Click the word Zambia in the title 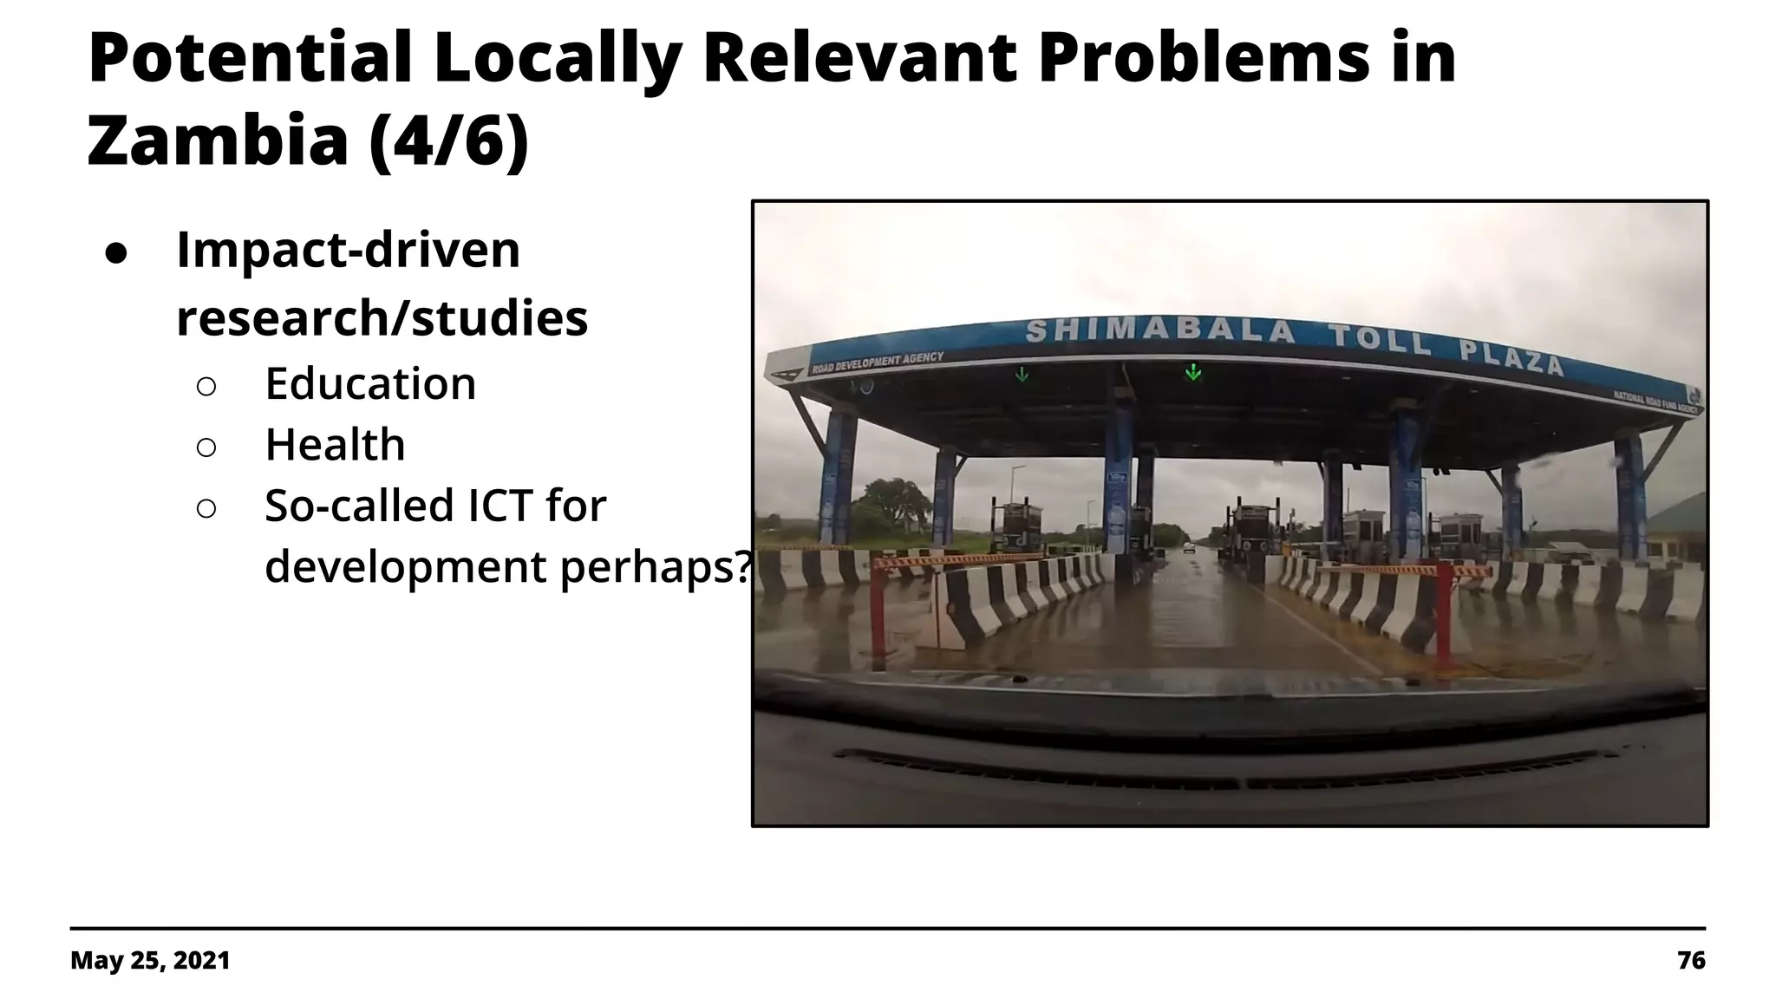(218, 140)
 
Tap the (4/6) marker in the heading (448, 140)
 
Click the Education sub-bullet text (370, 383)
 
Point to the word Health (335, 445)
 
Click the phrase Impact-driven (348, 250)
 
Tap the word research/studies (382, 317)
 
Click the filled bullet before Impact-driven (116, 251)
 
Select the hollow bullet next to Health (206, 447)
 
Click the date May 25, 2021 (150, 960)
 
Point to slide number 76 (1691, 960)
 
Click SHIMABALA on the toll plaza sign (1160, 331)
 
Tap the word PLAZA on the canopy (1512, 356)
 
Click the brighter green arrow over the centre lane (1193, 372)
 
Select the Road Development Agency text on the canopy (878, 362)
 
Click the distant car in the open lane (1189, 548)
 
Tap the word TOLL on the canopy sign (1381, 339)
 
